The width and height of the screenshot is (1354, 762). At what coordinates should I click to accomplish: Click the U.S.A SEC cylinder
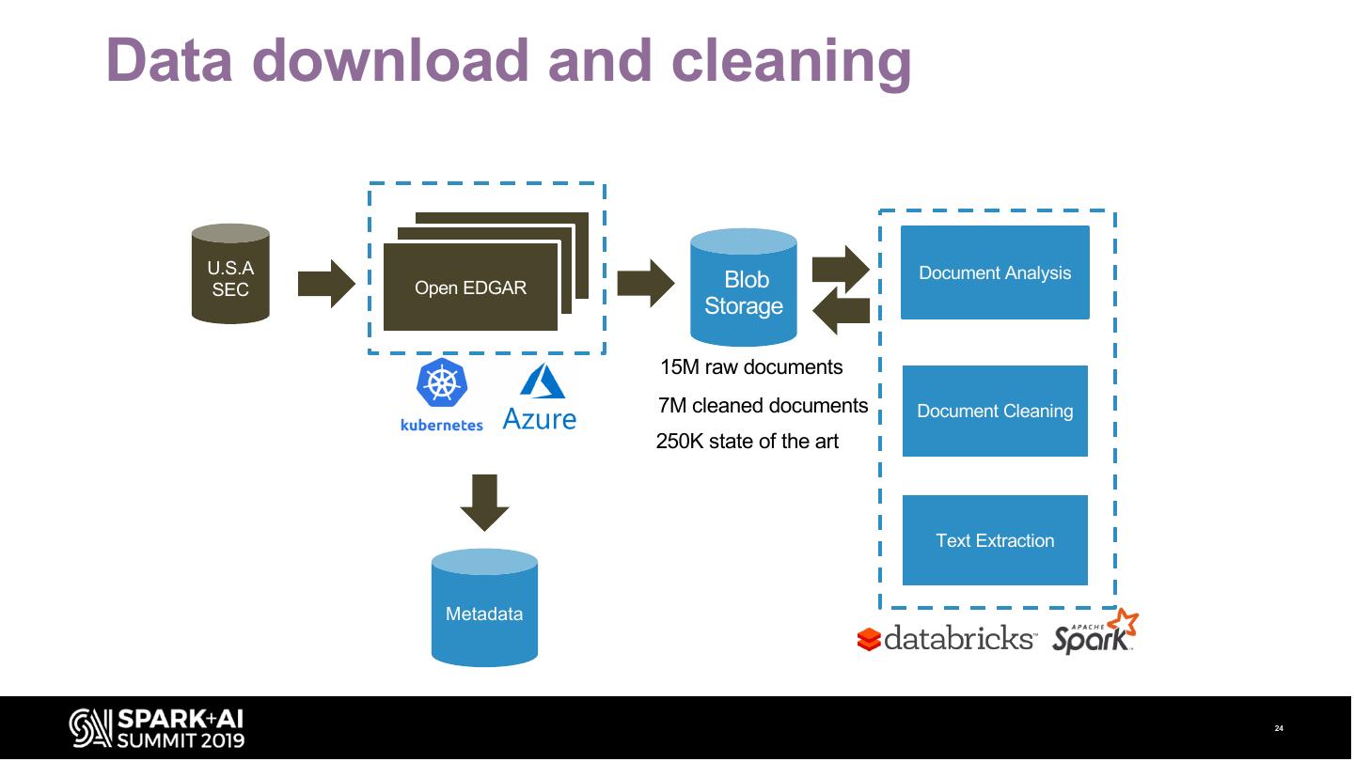tap(230, 274)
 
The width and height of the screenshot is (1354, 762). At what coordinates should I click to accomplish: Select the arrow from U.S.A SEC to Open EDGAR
tap(325, 284)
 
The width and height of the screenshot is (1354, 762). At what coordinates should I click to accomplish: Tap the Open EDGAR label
tap(470, 288)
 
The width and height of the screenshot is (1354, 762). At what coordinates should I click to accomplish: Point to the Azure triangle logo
tap(543, 381)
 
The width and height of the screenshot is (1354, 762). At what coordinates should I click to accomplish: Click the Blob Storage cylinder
tap(744, 289)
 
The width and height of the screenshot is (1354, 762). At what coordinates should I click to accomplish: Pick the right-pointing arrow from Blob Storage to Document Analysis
tap(841, 269)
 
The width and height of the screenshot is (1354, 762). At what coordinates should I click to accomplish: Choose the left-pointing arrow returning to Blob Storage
tap(841, 311)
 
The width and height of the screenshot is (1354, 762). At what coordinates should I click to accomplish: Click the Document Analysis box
tap(995, 272)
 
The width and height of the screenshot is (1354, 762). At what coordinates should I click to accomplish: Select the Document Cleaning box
tap(995, 412)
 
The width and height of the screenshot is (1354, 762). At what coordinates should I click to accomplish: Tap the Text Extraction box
tap(995, 540)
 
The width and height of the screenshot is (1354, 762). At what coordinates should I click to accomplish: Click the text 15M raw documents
tap(751, 367)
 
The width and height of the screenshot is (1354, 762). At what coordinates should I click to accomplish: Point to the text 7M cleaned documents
tap(763, 406)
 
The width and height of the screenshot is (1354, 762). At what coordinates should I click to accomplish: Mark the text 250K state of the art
tap(747, 442)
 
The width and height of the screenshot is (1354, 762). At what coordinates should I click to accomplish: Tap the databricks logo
tap(946, 639)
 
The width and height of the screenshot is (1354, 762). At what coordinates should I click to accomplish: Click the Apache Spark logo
tap(1094, 633)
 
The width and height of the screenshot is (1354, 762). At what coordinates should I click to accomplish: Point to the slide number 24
tap(1279, 729)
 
